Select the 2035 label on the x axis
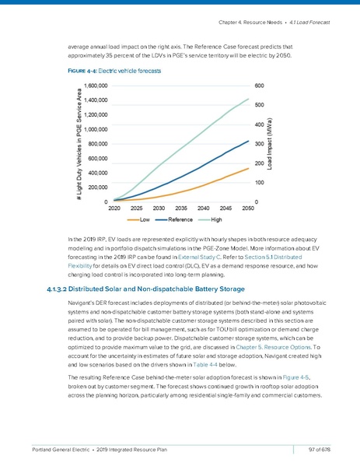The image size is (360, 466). (x=180, y=208)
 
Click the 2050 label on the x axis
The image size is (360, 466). (x=248, y=208)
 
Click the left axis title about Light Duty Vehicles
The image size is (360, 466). (x=79, y=144)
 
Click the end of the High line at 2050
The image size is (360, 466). (x=249, y=99)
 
